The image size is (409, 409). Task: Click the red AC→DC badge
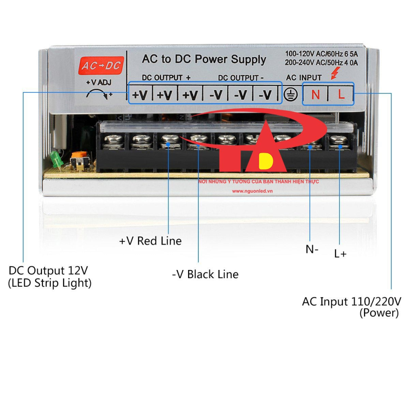point(101,65)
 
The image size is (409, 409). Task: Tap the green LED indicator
point(56,159)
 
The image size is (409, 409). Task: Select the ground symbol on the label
point(290,94)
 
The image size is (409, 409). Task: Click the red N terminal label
point(316,95)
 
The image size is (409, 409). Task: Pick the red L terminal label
point(341,94)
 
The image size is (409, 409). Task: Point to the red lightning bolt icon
point(335,73)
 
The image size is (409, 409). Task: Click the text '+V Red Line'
point(150,241)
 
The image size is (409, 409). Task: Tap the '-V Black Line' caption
point(205,274)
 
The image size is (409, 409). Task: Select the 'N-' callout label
point(312,249)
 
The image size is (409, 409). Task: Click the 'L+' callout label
point(340,254)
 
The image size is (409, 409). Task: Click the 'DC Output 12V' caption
point(48,270)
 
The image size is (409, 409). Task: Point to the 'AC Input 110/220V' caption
point(351,301)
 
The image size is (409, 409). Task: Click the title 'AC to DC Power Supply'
point(204,59)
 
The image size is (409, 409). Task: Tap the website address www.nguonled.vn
point(252,191)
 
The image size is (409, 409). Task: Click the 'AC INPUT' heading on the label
point(303,77)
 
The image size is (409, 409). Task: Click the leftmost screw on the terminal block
point(113,139)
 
